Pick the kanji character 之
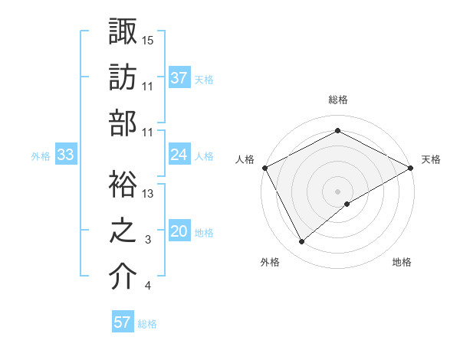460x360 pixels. click(x=123, y=230)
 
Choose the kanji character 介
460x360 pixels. click(x=123, y=277)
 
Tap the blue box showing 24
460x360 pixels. click(x=179, y=155)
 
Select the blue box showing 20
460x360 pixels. click(x=179, y=231)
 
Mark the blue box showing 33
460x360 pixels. click(x=66, y=155)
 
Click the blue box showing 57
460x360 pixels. click(x=122, y=322)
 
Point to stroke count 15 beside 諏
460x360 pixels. click(x=148, y=39)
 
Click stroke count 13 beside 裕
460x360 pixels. click(x=148, y=193)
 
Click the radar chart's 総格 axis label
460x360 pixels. click(x=337, y=100)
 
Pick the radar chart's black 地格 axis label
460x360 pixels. click(x=402, y=262)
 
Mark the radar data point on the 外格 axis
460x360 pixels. click(x=301, y=242)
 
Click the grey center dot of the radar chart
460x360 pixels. click(x=337, y=191)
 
